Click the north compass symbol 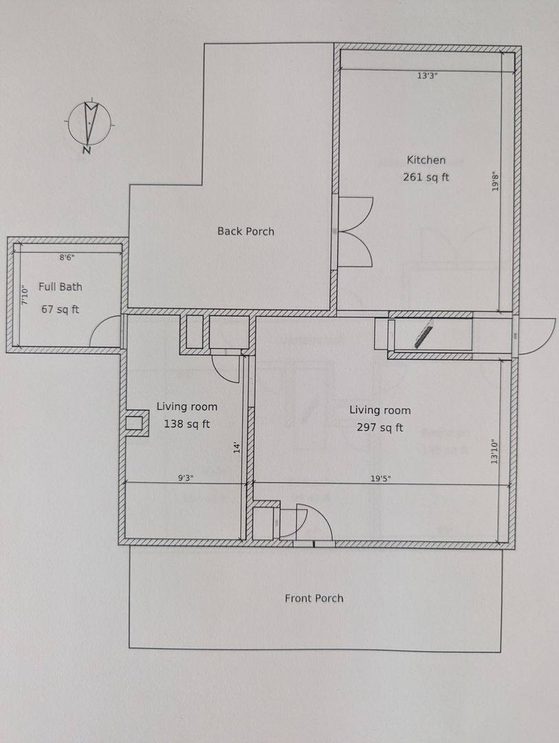click(89, 125)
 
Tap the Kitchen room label click(426, 160)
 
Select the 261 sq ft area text click(426, 177)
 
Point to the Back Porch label click(246, 231)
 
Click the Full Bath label click(61, 287)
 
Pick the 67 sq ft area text click(61, 310)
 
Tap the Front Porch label click(314, 599)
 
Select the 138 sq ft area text click(186, 424)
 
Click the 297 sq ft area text click(380, 427)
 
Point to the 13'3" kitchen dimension click(427, 76)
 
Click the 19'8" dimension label click(496, 181)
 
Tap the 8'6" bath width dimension click(67, 258)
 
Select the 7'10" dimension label click(25, 294)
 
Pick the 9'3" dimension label click(186, 478)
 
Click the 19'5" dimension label click(380, 479)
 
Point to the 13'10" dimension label click(495, 451)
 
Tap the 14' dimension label click(237, 447)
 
